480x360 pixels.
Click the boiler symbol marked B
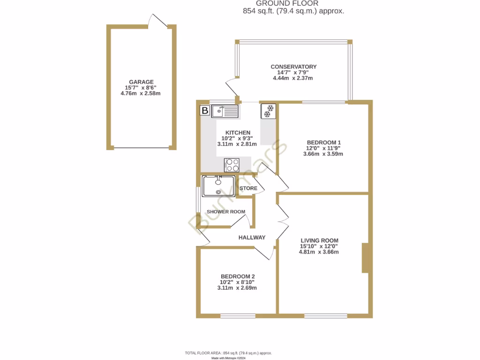coord(205,111)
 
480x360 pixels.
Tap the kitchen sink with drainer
coord(225,111)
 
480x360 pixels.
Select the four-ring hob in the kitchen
coord(232,165)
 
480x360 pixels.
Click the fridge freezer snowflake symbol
coord(269,111)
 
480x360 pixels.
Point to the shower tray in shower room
coord(218,186)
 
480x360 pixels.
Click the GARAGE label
coord(142,82)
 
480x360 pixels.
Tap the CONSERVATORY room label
coord(293,67)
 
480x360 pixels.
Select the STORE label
coord(248,188)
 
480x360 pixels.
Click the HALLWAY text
coord(252,238)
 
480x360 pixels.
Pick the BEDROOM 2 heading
coord(238,277)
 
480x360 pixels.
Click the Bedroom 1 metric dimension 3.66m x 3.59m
coord(323,154)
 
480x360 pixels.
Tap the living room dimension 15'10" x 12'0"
coord(319,246)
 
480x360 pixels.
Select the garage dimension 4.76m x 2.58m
coord(141,93)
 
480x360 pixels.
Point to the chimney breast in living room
coord(367,258)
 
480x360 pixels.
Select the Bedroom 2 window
coord(237,316)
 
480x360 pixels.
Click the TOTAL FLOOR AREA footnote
coord(229,352)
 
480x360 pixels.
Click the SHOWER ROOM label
coord(226,212)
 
